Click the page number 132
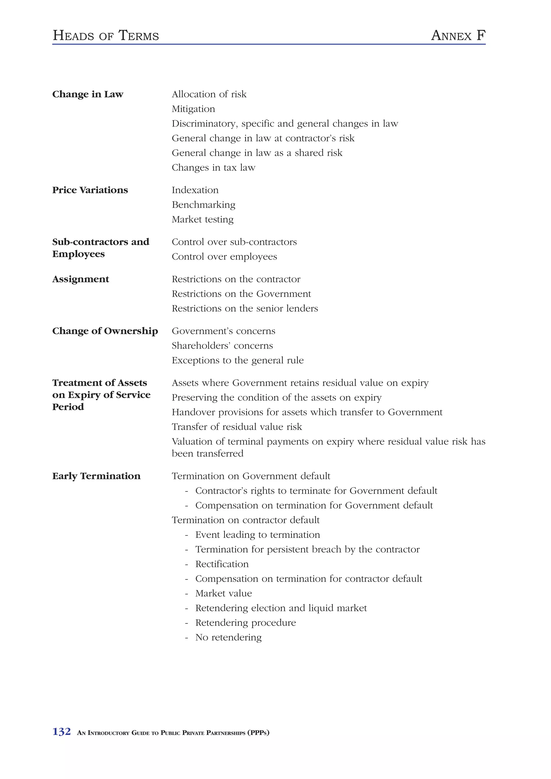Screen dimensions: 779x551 click(61, 731)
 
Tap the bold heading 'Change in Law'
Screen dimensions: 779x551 click(88, 94)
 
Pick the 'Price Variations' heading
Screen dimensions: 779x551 click(90, 190)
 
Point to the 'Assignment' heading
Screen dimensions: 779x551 click(80, 279)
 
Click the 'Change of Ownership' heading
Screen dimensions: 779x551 click(105, 331)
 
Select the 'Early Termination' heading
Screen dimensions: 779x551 click(96, 476)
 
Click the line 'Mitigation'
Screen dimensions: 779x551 click(193, 109)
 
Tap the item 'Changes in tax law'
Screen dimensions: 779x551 click(213, 168)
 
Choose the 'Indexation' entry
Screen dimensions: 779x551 click(195, 190)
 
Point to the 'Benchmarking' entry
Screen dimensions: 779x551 click(203, 205)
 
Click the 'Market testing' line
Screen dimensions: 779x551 click(202, 220)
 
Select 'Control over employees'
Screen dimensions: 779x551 click(224, 256)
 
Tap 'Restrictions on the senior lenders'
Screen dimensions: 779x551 click(245, 308)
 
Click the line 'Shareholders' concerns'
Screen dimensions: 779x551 click(222, 345)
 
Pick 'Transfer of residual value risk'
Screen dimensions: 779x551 click(237, 427)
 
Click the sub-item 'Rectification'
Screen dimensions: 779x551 click(222, 564)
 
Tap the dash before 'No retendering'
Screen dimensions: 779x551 click(186, 638)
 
